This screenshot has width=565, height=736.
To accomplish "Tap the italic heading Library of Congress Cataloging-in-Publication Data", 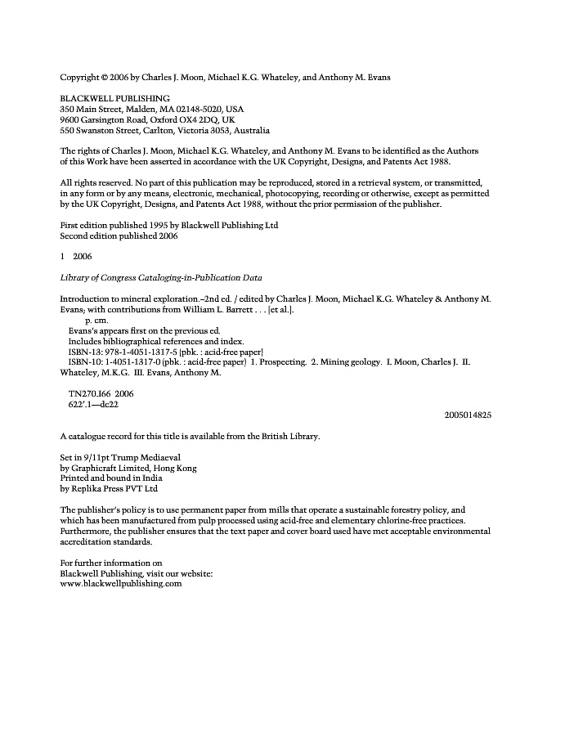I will click(161, 278).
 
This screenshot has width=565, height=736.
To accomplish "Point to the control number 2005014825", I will click(468, 415).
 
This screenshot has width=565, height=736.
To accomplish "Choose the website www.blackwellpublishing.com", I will click(121, 584).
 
